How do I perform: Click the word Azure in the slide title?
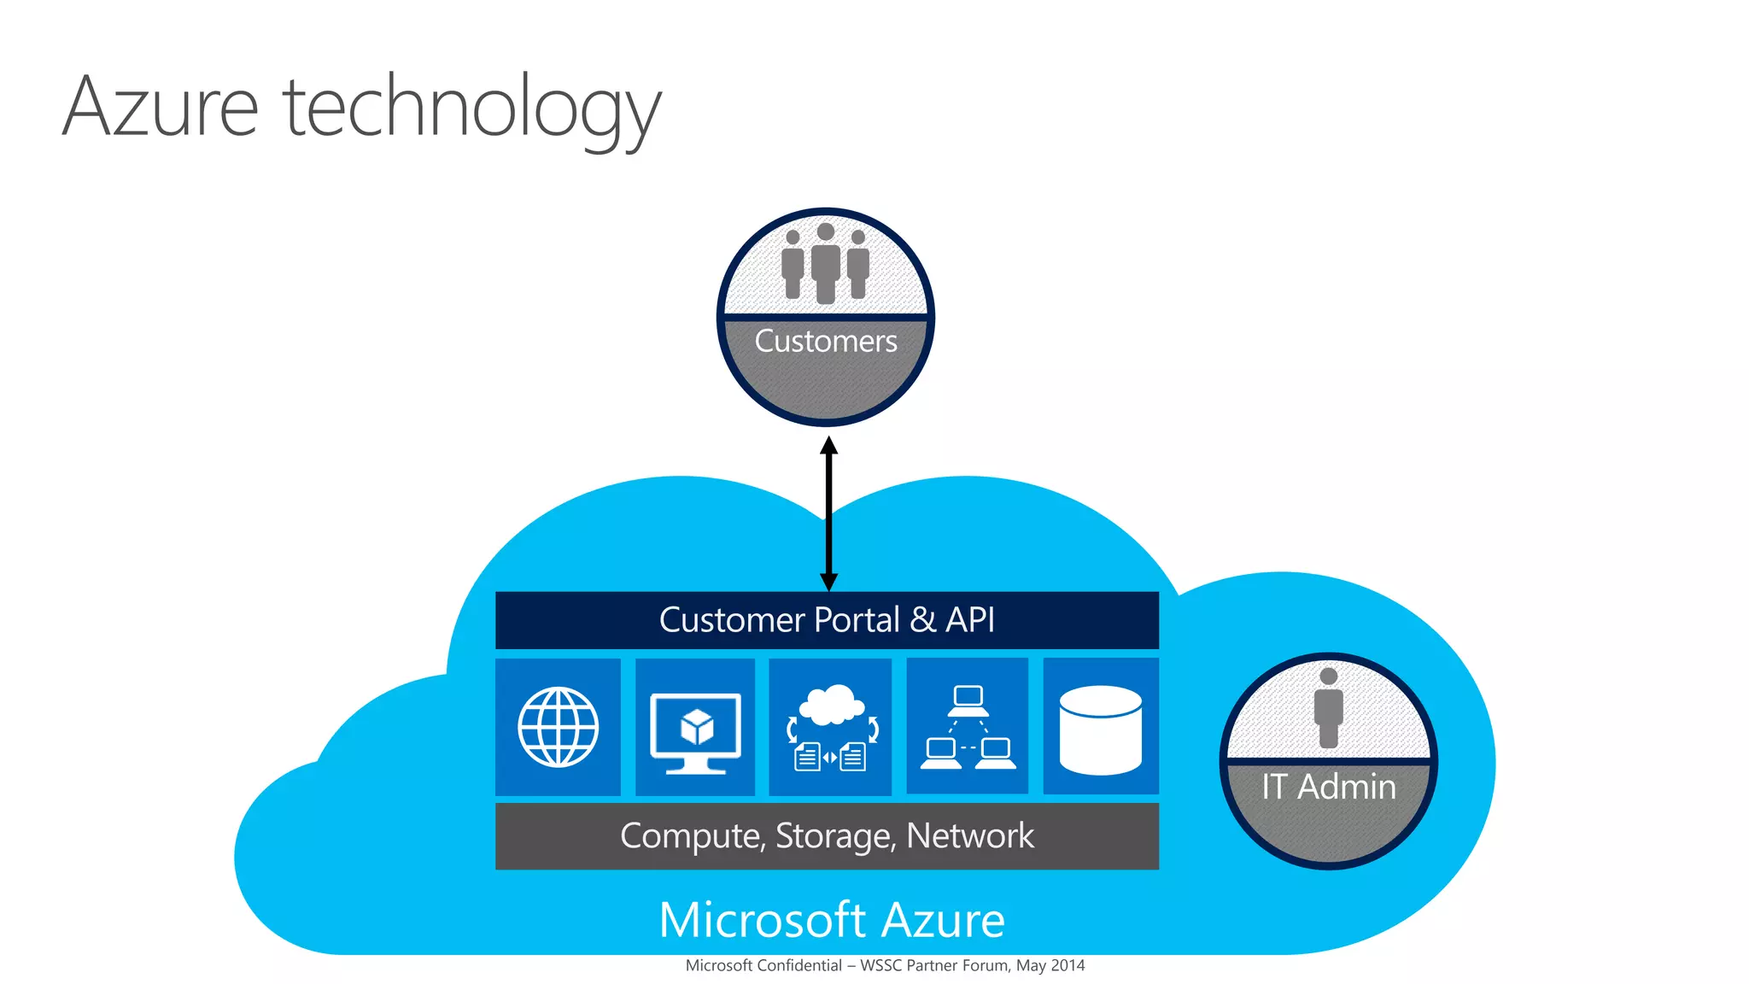point(161,108)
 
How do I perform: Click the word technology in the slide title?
point(471,111)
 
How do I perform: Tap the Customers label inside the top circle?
point(825,341)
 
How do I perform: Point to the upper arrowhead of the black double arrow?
point(828,447)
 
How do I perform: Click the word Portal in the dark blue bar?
point(857,620)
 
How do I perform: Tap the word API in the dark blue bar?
point(969,620)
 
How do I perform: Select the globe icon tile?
point(559,727)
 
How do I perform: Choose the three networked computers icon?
point(968,727)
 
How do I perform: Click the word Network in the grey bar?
point(969,835)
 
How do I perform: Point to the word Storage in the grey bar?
point(835,836)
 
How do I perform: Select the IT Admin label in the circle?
point(1328,787)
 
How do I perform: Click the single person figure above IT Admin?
point(1328,708)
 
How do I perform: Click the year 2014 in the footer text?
point(1068,965)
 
